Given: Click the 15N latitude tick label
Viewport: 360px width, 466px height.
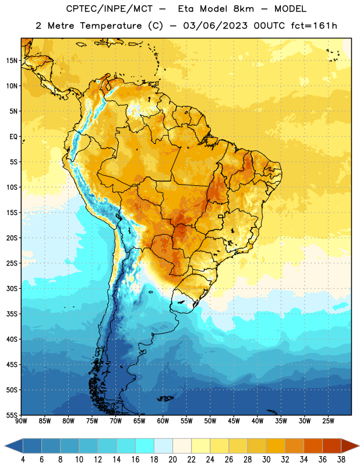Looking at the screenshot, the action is coord(12,61).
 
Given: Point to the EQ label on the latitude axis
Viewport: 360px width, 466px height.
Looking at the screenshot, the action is coord(13,137).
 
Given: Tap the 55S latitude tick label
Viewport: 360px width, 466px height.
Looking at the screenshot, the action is coord(12,415).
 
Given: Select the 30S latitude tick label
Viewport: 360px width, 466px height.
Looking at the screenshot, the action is coord(12,288).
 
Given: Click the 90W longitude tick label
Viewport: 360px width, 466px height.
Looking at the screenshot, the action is coord(22,421).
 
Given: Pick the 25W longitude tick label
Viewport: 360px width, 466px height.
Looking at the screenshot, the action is coord(329,421).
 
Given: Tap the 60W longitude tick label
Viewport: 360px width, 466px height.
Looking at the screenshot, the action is coord(163,421).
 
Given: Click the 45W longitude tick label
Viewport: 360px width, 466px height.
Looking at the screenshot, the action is coord(234,421).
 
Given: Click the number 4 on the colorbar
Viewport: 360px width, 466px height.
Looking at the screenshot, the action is coord(23,460).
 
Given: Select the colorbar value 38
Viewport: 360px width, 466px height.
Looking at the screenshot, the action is coord(341,460).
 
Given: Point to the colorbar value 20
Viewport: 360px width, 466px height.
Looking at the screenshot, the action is coord(172,460).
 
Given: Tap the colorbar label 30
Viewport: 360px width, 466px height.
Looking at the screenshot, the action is coord(266,460).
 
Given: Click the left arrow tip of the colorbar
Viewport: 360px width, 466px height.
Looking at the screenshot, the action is coord(5,446).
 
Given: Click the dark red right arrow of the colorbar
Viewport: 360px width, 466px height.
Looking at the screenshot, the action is coord(350,446).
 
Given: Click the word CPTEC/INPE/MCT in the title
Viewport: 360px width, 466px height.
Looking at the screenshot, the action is coord(109,9).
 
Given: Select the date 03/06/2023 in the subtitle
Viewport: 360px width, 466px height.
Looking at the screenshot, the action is coord(215,26).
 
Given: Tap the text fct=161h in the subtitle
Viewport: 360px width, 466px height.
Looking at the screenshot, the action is coord(314,26).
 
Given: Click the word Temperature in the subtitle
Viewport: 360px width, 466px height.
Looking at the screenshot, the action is coord(111,26).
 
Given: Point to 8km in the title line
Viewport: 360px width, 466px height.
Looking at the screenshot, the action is coord(243,9).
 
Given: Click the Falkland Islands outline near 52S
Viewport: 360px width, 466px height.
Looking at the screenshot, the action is coord(165,398).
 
